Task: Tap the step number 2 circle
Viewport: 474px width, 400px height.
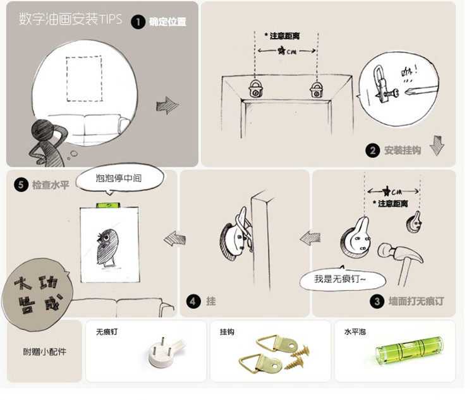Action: click(373, 150)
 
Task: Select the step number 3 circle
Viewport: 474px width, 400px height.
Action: click(378, 301)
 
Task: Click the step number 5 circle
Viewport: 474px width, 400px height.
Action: click(21, 185)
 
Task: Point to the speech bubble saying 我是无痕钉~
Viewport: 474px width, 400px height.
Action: click(339, 279)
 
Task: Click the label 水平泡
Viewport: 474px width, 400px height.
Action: click(354, 332)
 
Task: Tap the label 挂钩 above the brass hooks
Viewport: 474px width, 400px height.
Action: click(227, 332)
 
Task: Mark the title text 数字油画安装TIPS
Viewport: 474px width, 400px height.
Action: click(70, 20)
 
